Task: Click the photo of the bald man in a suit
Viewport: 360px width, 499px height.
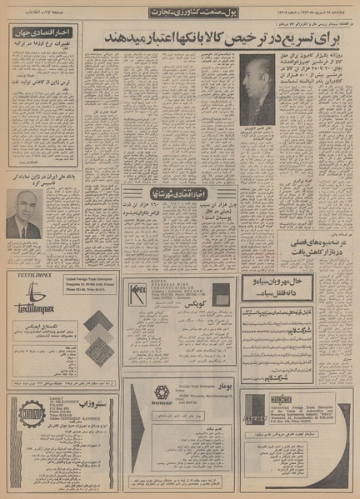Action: coord(26,215)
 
